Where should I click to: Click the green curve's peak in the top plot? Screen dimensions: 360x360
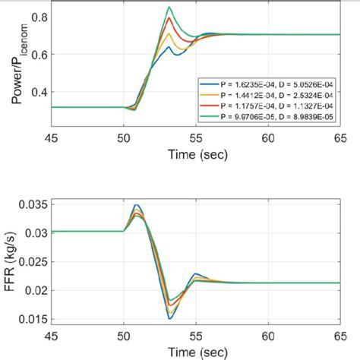[171, 8]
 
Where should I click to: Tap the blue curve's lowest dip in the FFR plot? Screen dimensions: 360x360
[171, 317]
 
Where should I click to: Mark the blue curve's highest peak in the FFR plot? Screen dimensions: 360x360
[137, 204]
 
